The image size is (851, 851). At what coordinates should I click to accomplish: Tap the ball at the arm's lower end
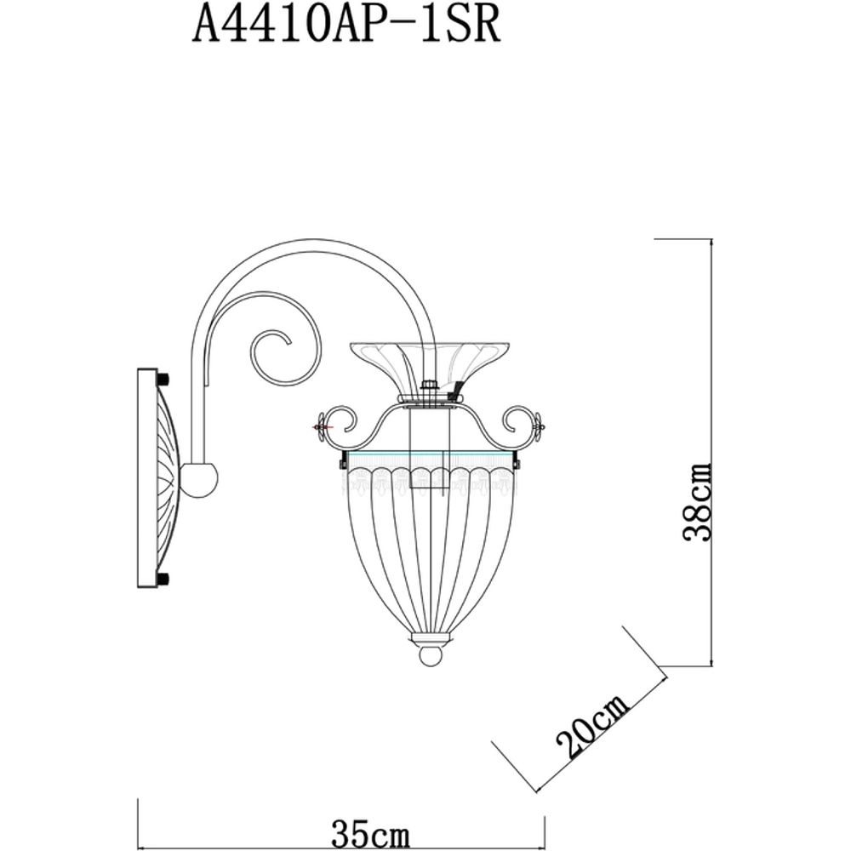[x=202, y=478]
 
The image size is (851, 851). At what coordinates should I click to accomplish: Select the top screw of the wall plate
[x=163, y=377]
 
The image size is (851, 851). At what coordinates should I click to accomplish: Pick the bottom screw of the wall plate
[x=163, y=580]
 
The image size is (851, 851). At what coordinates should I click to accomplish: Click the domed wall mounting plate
[x=157, y=477]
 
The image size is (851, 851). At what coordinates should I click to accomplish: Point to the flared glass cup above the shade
[x=430, y=362]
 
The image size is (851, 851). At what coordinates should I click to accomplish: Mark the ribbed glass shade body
[x=430, y=553]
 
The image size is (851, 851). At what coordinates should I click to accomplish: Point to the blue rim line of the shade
[x=430, y=458]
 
